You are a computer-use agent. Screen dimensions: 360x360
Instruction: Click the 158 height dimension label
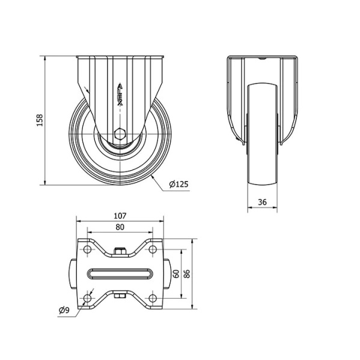[40, 120]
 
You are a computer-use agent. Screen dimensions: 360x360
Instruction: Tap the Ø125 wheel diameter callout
[178, 184]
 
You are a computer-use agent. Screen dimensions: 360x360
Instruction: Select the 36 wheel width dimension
[262, 202]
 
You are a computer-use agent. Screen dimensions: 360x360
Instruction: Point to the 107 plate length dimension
[120, 216]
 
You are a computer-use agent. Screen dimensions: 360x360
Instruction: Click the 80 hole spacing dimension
[120, 227]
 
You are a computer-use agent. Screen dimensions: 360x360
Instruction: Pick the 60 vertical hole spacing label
[176, 273]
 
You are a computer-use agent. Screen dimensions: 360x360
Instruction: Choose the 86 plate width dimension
[187, 273]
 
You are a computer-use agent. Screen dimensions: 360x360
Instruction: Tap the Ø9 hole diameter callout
[64, 310]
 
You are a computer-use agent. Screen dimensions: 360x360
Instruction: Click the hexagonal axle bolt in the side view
[120, 134]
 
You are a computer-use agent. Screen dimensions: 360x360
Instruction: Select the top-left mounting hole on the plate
[87, 249]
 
